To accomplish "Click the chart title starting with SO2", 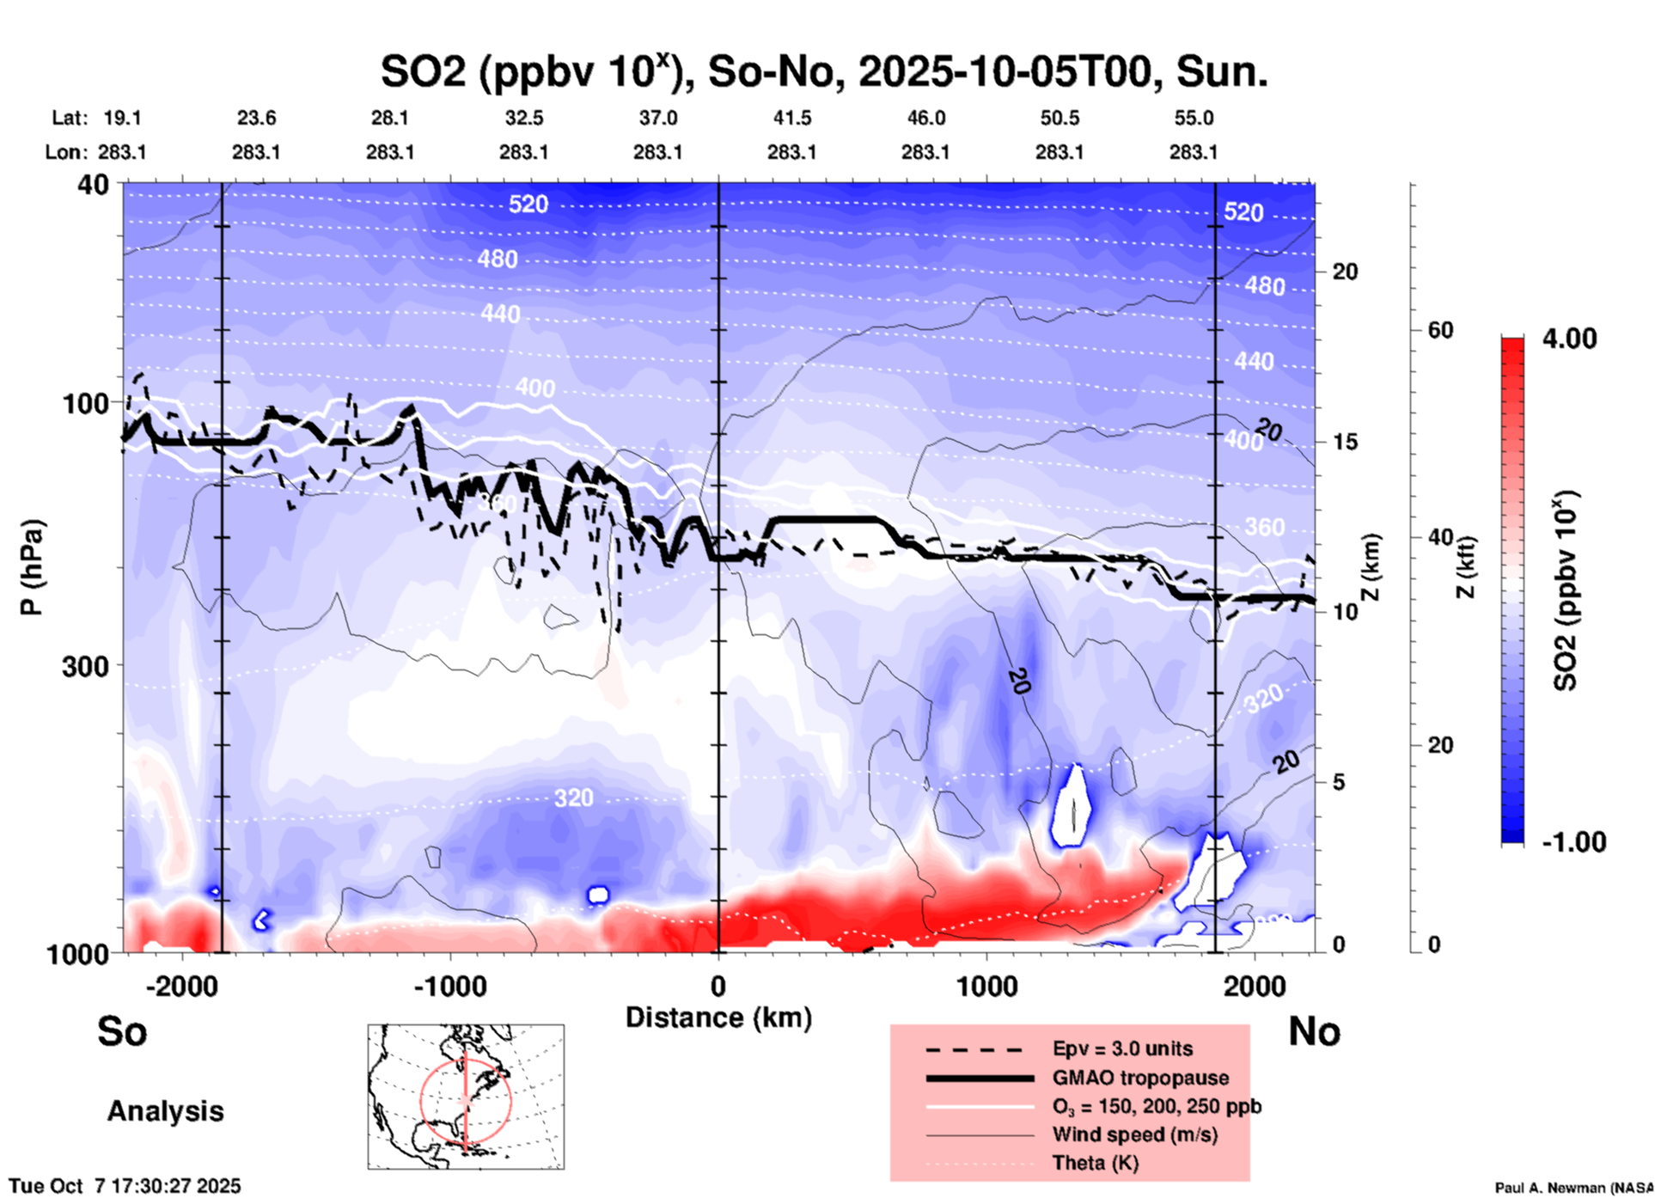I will pos(823,71).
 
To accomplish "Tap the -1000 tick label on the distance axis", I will pos(449,987).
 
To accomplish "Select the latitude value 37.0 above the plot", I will pos(657,118).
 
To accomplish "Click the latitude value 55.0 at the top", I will pos(1194,118).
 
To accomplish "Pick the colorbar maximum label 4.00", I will pos(1569,338).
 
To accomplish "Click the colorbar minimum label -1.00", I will pos(1573,841).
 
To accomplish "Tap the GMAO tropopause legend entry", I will pos(1140,1078).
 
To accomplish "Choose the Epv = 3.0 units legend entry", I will pos(1122,1048).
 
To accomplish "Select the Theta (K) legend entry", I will pos(1095,1163).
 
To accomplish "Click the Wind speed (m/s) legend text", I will pos(1134,1134).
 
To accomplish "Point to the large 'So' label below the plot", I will pos(122,1031).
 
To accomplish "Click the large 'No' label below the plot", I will pos(1314,1031).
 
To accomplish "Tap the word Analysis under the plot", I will pos(165,1110).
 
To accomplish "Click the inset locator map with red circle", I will pos(466,1097).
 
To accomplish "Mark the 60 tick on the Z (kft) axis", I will pos(1440,330).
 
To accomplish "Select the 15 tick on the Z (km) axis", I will pos(1345,442).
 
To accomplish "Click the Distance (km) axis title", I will pos(718,1018).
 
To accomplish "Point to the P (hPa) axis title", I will pos(32,567).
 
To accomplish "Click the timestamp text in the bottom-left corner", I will pos(125,1186).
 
